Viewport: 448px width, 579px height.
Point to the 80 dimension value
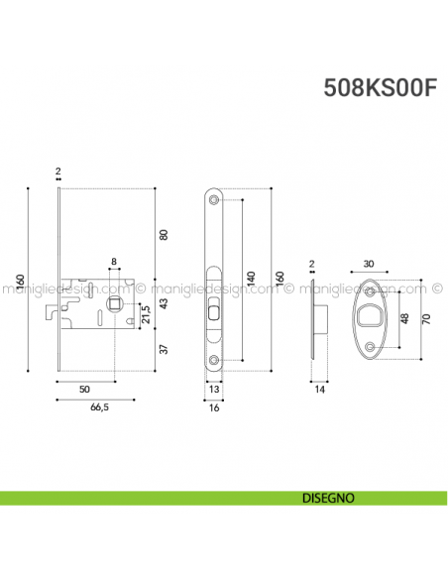pos(165,234)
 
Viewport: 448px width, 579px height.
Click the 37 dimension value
pos(165,348)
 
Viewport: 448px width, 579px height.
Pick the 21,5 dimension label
pos(147,314)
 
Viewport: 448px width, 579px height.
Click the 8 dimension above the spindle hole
pos(114,262)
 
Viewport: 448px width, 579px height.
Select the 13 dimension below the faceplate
pos(215,390)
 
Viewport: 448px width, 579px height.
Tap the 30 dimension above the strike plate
pos(369,265)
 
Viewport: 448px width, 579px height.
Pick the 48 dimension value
pos(402,318)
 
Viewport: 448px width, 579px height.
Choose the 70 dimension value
pos(427,318)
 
